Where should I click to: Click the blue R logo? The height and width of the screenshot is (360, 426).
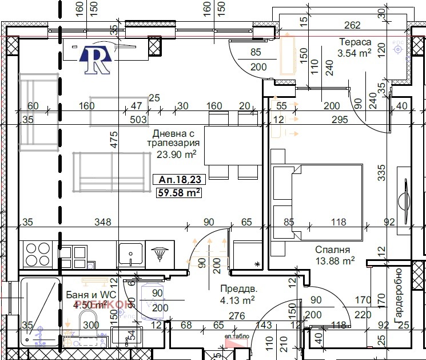click(97, 59)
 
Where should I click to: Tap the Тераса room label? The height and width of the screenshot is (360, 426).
click(355, 42)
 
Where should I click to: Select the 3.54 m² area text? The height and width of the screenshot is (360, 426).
click(355, 53)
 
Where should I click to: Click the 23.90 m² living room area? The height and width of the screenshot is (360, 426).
click(177, 154)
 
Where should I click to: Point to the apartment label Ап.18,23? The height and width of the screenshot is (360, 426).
click(179, 180)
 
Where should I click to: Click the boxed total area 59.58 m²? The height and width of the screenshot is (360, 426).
click(179, 193)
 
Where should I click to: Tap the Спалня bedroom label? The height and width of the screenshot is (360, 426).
click(332, 250)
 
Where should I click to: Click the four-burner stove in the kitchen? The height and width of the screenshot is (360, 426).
click(38, 254)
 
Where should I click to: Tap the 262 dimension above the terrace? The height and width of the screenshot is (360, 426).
click(353, 25)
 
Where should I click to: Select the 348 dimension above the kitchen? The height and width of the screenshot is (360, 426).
click(103, 222)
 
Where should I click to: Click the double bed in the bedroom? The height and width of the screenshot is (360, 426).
click(318, 200)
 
